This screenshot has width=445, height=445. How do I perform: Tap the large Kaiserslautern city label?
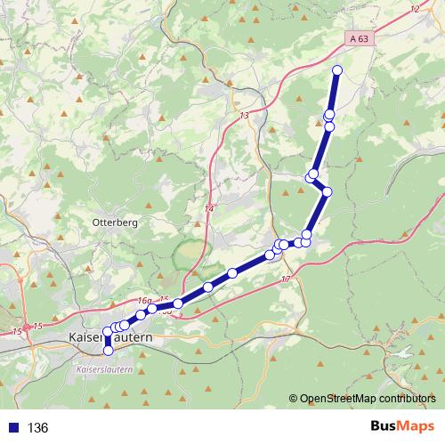[110, 339]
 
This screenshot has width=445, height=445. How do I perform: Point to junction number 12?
[415, 9]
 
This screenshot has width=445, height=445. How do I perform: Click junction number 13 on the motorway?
[244, 116]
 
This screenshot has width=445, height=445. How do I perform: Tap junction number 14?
[210, 208]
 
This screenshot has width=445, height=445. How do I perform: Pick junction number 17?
[286, 279]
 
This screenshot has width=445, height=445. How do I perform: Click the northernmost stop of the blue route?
[337, 69]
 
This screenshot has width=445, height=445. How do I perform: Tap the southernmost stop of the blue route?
[109, 351]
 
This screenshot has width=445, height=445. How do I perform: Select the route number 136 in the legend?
[37, 428]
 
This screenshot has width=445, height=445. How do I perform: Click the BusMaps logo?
[403, 427]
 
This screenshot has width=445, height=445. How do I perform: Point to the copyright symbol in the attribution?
[294, 400]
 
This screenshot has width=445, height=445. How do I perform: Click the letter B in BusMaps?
[376, 427]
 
